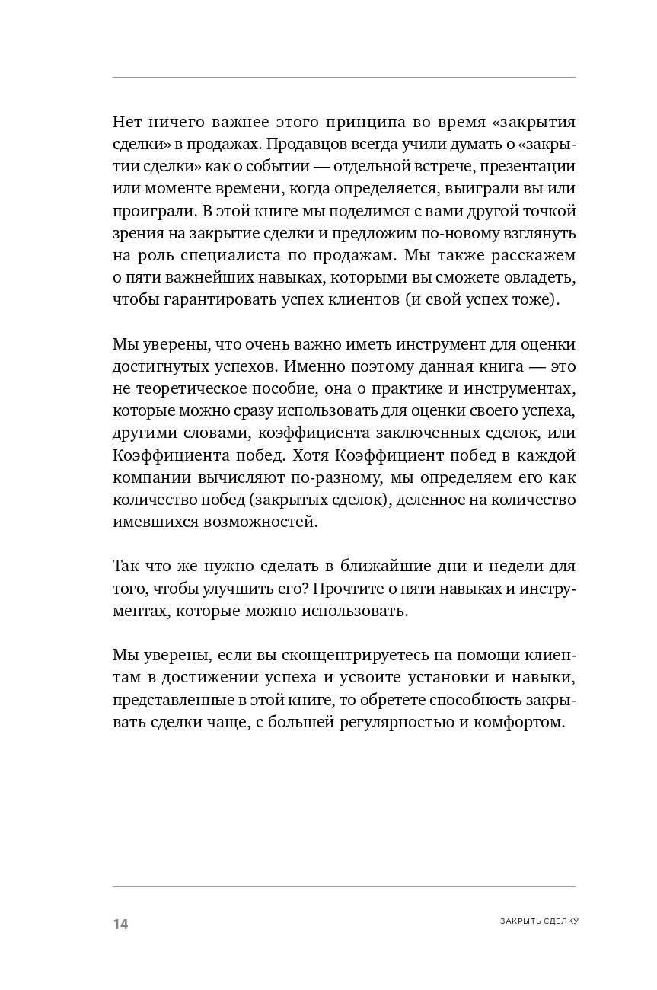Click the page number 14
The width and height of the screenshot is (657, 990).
click(x=120, y=925)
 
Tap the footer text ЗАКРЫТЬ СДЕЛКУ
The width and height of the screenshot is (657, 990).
click(x=539, y=921)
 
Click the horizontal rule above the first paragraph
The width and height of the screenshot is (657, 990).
click(x=344, y=77)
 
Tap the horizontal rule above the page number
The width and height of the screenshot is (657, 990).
click(x=344, y=886)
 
